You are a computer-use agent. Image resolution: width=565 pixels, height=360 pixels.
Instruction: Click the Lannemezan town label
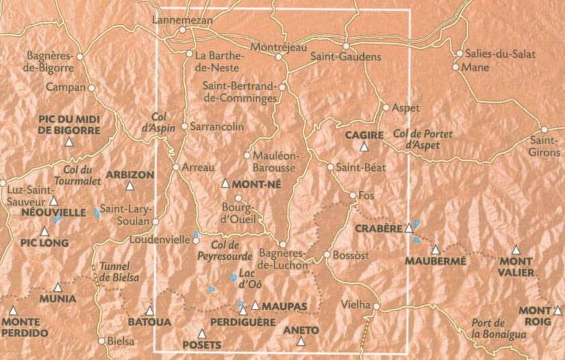point(182,20)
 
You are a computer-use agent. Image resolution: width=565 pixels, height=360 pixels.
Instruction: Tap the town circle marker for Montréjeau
point(278,57)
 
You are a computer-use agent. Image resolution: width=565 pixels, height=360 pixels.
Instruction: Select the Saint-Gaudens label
point(346,57)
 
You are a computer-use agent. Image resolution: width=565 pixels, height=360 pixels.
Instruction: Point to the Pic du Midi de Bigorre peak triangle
point(69,142)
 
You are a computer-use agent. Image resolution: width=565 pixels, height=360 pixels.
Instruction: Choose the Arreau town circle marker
point(176,167)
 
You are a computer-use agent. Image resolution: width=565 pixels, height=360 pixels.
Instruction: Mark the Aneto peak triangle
point(301,342)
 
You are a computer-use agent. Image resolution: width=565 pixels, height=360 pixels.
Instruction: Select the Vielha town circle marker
point(376,307)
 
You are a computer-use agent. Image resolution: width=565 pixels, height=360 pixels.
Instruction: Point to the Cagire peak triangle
point(364,147)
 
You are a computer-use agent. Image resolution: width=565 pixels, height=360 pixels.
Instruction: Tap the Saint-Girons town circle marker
point(543,130)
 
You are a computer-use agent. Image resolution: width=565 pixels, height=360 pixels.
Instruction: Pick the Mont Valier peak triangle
point(516,250)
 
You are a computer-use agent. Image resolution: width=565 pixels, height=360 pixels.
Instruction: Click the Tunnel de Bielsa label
point(118,272)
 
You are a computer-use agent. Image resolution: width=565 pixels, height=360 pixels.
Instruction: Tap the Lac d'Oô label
point(246,280)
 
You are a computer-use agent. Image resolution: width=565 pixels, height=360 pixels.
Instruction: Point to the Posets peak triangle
point(200,333)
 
